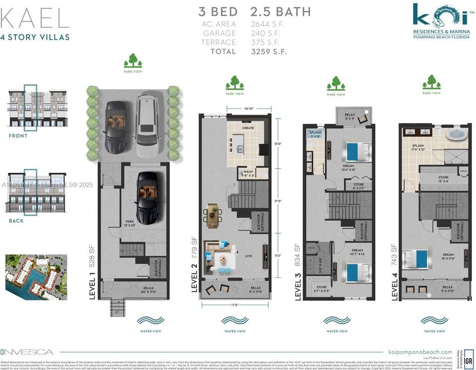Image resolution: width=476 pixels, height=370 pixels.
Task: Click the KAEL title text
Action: pos(34,18)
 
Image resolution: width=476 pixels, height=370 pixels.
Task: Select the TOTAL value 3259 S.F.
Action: pos(268,51)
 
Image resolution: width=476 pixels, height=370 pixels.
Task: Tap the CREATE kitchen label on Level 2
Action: pos(248,128)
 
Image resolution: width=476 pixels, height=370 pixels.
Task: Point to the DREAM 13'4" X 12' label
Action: pos(349,169)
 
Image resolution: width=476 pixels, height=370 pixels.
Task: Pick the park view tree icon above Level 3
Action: pos(336,83)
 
